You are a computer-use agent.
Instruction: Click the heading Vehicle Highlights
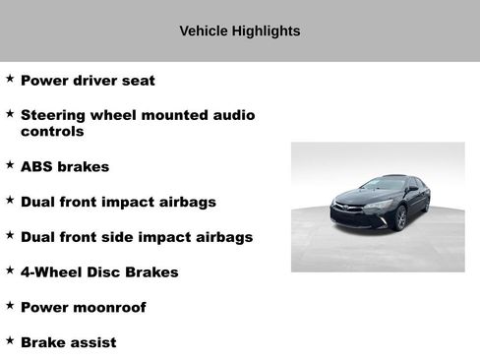[x=239, y=30]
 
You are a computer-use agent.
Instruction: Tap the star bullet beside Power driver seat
[x=10, y=79]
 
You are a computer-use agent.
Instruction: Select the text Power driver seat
[x=88, y=80]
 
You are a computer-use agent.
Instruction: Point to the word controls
[x=52, y=131]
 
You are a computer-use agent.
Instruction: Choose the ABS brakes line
[x=65, y=166]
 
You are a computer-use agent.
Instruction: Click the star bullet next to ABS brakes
[x=10, y=165]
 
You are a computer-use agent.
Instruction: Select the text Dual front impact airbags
[x=118, y=202]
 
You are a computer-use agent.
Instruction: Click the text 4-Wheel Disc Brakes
[x=99, y=271]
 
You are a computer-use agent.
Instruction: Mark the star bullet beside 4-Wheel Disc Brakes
[x=10, y=270]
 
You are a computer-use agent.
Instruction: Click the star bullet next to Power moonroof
[x=10, y=306]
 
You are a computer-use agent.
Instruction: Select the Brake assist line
[x=68, y=342]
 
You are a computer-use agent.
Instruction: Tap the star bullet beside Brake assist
[x=10, y=340]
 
